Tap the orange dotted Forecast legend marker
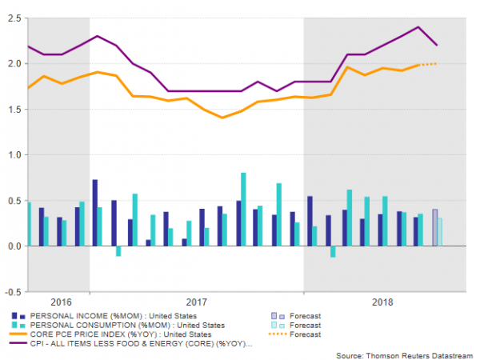[276, 334]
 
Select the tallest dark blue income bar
[94, 213]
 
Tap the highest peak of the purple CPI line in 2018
[418, 27]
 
